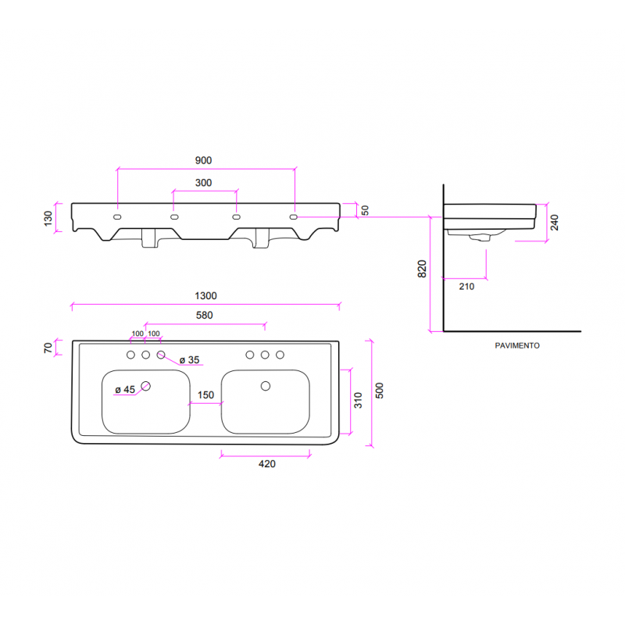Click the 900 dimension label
(203, 160)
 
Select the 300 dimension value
(203, 183)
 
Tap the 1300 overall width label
(205, 296)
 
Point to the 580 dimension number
(204, 316)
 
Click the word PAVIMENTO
(517, 345)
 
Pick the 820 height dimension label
(422, 269)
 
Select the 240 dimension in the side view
(554, 223)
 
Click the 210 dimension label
(466, 287)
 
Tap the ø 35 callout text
(189, 360)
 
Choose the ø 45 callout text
(125, 389)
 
